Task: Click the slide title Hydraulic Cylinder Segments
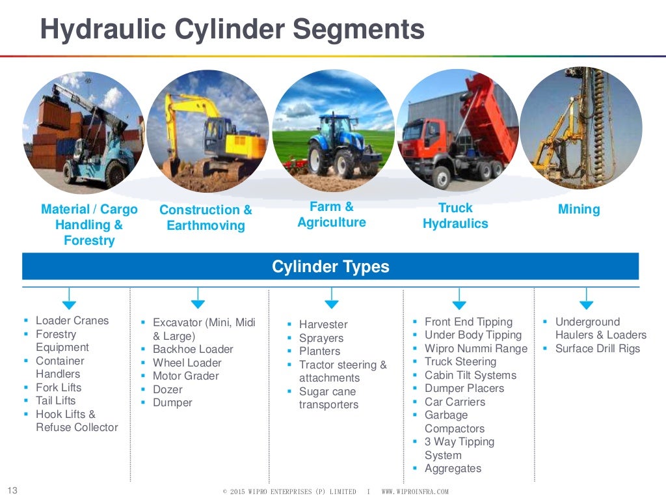(x=232, y=29)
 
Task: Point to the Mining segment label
(x=578, y=209)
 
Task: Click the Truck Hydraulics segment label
(x=455, y=215)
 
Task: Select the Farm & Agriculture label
(x=331, y=214)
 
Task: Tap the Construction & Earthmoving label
(x=206, y=217)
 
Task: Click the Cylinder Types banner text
(x=330, y=267)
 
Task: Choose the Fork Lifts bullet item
(x=59, y=387)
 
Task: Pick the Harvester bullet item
(x=323, y=324)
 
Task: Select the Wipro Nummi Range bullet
(x=475, y=348)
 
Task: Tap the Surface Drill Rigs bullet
(x=597, y=348)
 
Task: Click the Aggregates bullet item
(x=453, y=468)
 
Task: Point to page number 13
(x=12, y=490)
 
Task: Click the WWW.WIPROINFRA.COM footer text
(x=414, y=492)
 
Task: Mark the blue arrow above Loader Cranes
(x=69, y=303)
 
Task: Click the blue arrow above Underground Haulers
(x=586, y=303)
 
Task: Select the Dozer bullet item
(x=167, y=389)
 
